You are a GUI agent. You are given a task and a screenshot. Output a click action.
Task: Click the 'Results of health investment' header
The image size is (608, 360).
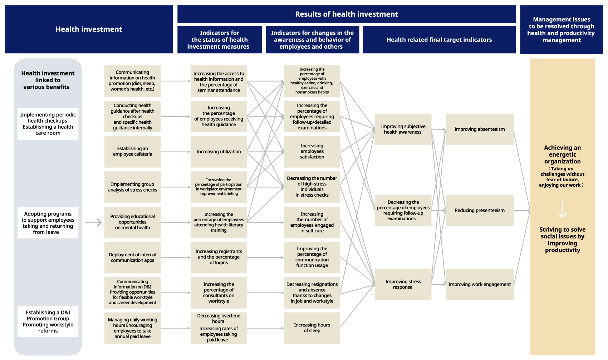click(346, 14)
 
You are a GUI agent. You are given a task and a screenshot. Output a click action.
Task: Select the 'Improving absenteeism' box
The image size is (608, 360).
click(479, 129)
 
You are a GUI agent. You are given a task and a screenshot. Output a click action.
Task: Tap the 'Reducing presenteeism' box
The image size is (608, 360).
click(479, 210)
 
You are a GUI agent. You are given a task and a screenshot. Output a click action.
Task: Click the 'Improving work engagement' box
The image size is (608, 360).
click(479, 284)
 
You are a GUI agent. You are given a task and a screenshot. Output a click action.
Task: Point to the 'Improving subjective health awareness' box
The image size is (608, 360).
click(403, 129)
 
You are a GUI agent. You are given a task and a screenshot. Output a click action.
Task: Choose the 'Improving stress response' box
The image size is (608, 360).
click(403, 284)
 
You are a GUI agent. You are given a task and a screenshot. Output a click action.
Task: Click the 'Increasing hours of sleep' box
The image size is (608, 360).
click(312, 328)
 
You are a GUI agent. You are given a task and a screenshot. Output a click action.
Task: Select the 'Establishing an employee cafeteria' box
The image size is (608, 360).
click(132, 152)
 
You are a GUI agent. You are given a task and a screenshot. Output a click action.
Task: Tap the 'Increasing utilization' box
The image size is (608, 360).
click(219, 152)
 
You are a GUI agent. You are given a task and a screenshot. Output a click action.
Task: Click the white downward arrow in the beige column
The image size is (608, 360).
click(562, 209)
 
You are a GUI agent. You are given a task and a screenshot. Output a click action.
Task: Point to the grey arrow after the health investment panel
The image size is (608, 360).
click(93, 223)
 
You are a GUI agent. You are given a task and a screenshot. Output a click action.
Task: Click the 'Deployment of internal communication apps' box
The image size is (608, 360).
click(132, 257)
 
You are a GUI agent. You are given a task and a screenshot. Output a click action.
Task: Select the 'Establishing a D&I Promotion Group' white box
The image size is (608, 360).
click(48, 321)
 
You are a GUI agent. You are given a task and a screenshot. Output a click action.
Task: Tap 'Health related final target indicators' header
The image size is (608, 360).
click(439, 40)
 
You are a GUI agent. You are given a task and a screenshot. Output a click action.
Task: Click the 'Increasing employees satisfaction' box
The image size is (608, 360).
click(312, 152)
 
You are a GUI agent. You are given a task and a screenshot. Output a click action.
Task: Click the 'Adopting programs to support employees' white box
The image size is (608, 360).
click(48, 223)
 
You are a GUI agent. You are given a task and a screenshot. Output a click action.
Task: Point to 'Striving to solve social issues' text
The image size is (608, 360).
click(562, 240)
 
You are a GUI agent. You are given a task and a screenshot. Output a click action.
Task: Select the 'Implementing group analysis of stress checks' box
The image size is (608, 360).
click(132, 187)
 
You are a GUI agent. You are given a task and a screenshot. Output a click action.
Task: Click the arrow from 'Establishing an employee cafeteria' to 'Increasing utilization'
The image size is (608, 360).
click(175, 152)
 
